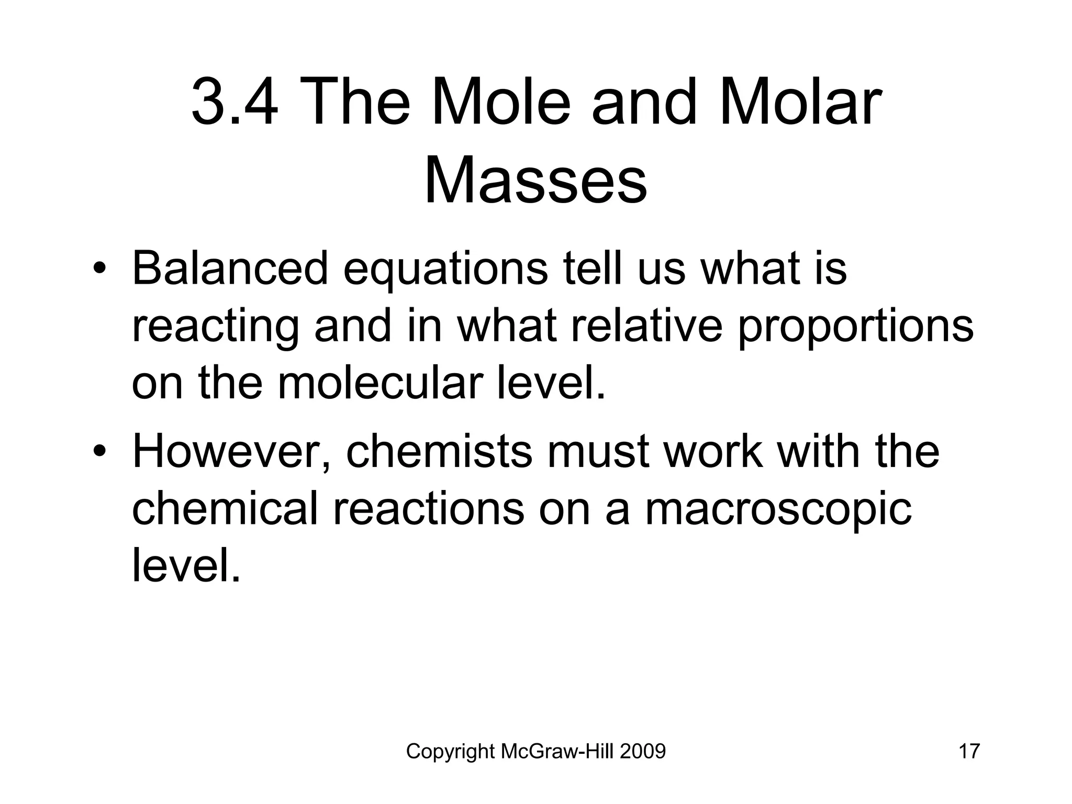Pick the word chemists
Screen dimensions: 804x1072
[x=439, y=452]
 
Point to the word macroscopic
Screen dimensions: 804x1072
[x=778, y=509]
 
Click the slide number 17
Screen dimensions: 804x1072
[x=968, y=752]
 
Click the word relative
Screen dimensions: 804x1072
[x=646, y=326]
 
